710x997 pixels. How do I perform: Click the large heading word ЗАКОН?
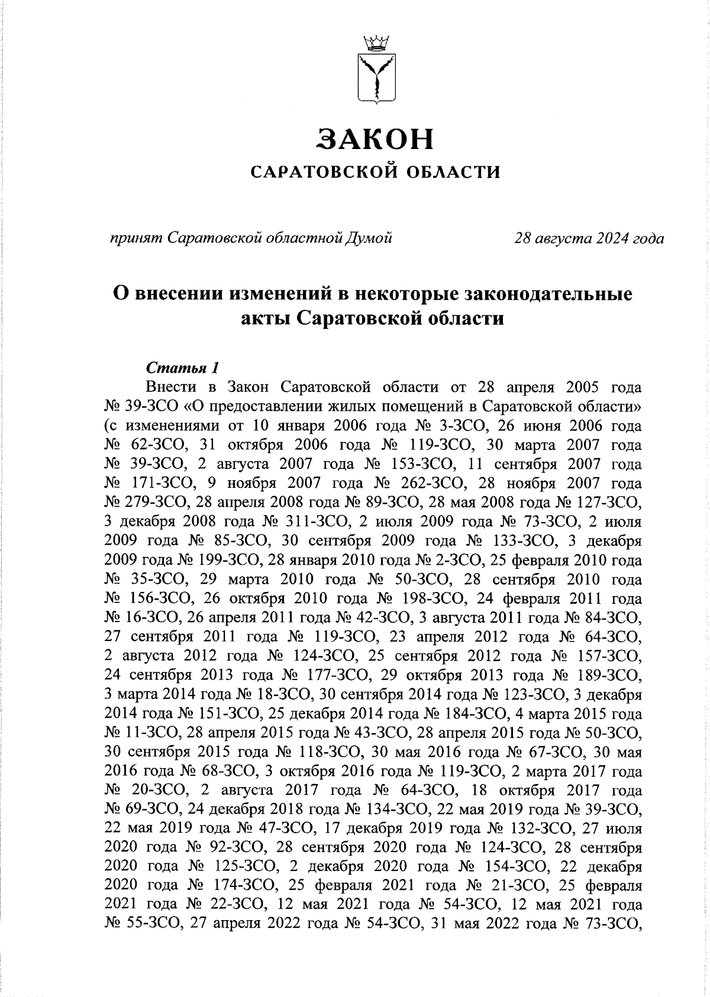(x=376, y=139)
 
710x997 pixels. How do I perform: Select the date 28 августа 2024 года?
(x=589, y=238)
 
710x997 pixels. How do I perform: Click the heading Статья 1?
(x=183, y=368)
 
